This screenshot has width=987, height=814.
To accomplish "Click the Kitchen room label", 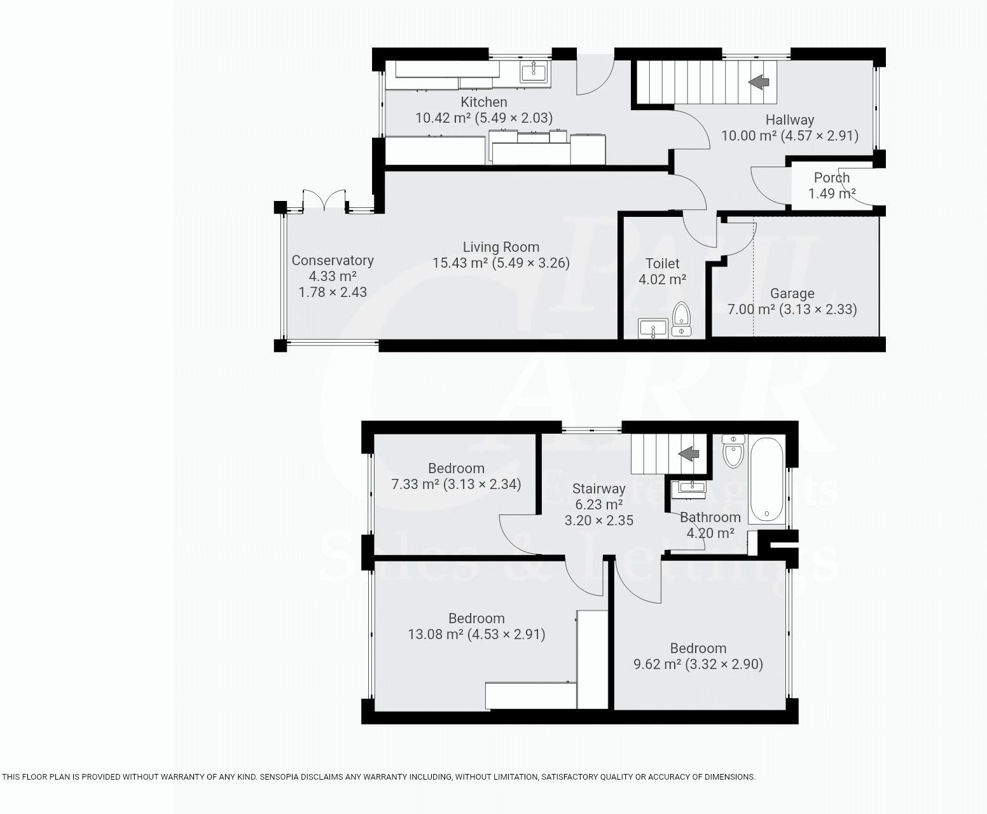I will point(483,102).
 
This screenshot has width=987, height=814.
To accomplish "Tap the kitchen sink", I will point(533,72).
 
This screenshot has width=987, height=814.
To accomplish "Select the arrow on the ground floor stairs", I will point(759,81).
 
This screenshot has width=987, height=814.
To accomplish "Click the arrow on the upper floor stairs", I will point(689,454).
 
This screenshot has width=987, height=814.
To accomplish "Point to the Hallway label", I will point(789,120).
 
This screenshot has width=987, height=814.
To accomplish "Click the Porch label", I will point(831,178).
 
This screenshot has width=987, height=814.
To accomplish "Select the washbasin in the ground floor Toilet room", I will point(653,329).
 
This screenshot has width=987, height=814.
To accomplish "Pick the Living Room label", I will point(500,247).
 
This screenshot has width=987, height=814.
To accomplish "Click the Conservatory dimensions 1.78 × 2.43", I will point(333,293).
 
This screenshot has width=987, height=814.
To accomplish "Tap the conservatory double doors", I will point(324,200).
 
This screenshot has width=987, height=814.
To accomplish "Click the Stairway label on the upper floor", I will point(598,489).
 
